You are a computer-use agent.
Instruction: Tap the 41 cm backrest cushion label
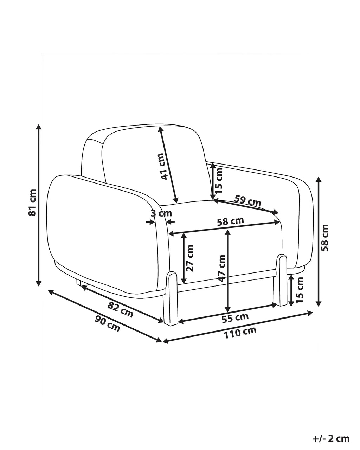coord(163,166)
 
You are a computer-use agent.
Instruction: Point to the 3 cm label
coord(161,213)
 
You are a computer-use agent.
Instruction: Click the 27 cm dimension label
coord(190,258)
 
